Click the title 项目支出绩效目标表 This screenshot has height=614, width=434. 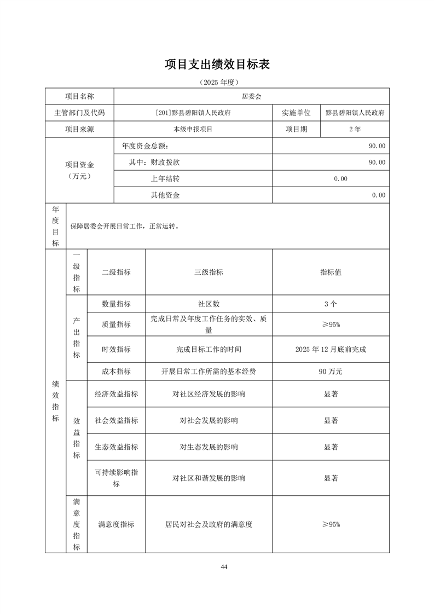(x=217, y=65)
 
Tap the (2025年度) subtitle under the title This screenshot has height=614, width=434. (x=217, y=82)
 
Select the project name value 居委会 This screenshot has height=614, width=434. (x=252, y=96)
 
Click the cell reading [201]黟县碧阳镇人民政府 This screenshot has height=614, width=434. (x=193, y=113)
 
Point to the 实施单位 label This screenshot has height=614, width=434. (x=296, y=113)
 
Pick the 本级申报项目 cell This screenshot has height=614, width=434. (x=193, y=129)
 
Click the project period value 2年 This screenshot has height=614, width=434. (x=354, y=129)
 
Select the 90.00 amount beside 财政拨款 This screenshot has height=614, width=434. (x=377, y=162)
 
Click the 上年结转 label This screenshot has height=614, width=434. (x=165, y=178)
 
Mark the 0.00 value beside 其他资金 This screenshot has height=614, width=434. (x=378, y=195)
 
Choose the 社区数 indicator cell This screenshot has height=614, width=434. (x=209, y=304)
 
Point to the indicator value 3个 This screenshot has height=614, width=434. (x=331, y=304)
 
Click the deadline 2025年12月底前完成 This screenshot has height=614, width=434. (x=331, y=349)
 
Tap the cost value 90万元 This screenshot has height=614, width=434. (x=331, y=372)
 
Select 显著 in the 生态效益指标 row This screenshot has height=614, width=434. (x=331, y=447)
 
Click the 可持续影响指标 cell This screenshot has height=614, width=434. (x=116, y=478)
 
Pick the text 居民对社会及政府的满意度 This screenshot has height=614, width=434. (x=209, y=524)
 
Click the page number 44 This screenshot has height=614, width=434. (x=224, y=566)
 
